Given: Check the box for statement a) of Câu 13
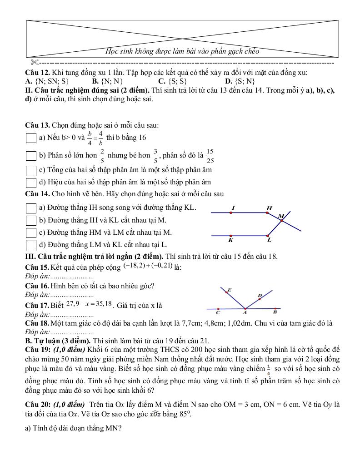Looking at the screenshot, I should click(x=31, y=138).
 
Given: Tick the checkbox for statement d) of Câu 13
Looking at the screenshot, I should click(x=31, y=183).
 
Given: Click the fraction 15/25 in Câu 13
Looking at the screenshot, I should click(x=210, y=155).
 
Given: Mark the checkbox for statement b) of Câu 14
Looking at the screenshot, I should click(x=31, y=220).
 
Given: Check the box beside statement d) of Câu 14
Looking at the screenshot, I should click(x=31, y=245).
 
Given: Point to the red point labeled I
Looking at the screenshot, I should click(x=231, y=212).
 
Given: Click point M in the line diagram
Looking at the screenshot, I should click(x=282, y=220).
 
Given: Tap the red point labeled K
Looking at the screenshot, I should click(x=231, y=236).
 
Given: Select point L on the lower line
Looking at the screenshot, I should click(x=268, y=236).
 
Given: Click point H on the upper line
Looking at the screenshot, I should click(x=268, y=212).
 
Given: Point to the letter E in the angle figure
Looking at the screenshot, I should click(x=229, y=290).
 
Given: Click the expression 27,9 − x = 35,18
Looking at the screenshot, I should click(x=89, y=303).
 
